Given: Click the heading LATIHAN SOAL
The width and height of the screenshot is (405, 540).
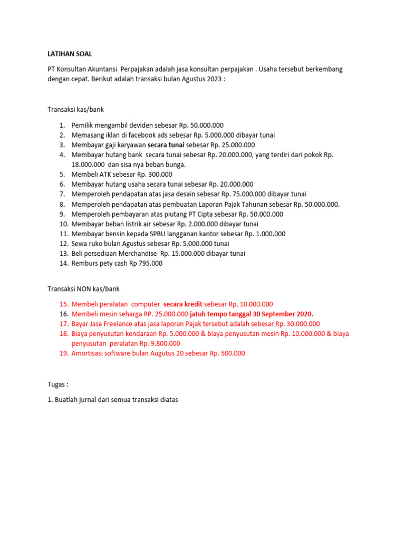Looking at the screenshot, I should coord(70,54).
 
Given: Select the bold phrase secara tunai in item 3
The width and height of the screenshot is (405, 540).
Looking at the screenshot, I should coord(166,145).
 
